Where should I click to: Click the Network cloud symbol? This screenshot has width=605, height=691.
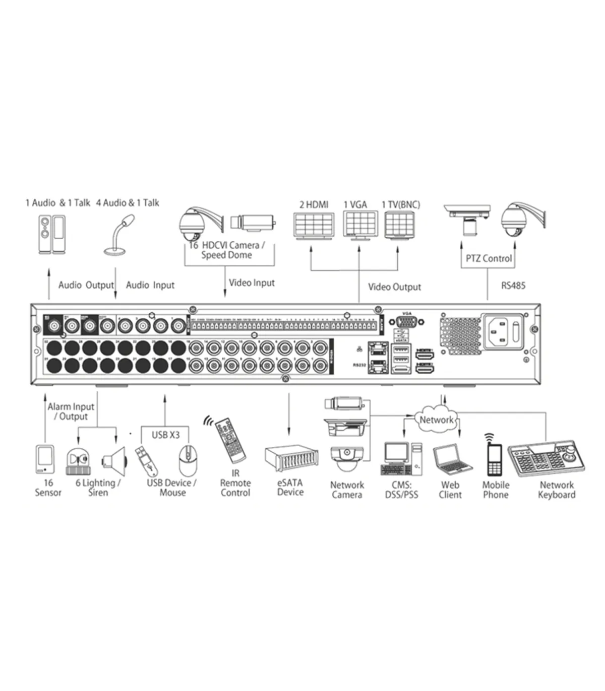(436, 419)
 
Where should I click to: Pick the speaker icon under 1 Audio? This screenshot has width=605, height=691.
(52, 234)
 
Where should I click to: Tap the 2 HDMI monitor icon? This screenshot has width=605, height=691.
(313, 225)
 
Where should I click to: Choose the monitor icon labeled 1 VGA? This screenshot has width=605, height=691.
(360, 224)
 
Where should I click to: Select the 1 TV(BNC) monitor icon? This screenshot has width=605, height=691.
(402, 225)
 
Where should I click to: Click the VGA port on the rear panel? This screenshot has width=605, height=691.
(404, 323)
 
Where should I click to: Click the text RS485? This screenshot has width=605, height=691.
(513, 286)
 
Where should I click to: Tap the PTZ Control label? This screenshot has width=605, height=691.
(489, 259)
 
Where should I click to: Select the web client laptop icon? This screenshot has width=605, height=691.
(452, 460)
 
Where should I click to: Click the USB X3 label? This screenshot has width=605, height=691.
(165, 434)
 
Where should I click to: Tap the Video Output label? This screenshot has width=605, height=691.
(394, 287)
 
